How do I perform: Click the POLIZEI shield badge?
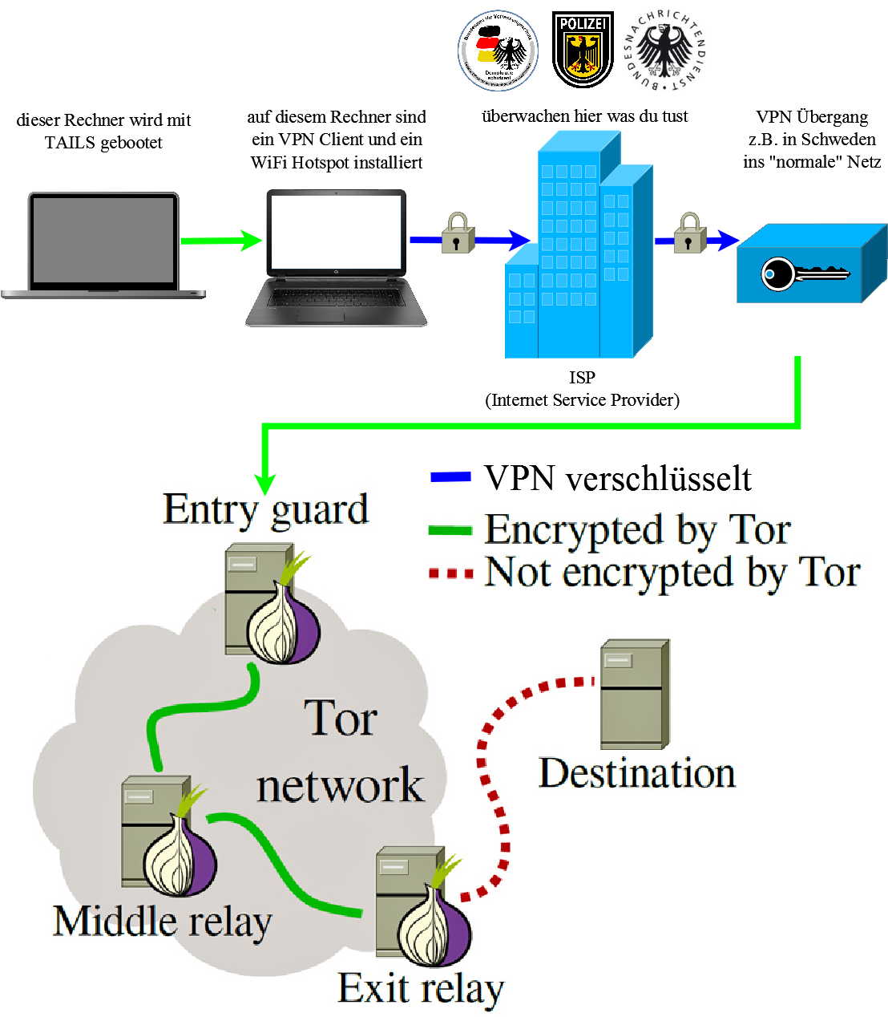tap(583, 49)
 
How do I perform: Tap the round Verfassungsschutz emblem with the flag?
tap(498, 51)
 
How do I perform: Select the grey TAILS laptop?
tap(103, 245)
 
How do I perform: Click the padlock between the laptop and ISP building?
tap(458, 233)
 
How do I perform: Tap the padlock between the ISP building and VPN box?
tap(689, 233)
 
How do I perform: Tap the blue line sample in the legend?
tap(450, 477)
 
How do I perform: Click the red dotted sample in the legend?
tap(450, 573)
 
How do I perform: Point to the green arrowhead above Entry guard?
tap(265, 484)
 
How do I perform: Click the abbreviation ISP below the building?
tap(582, 377)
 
